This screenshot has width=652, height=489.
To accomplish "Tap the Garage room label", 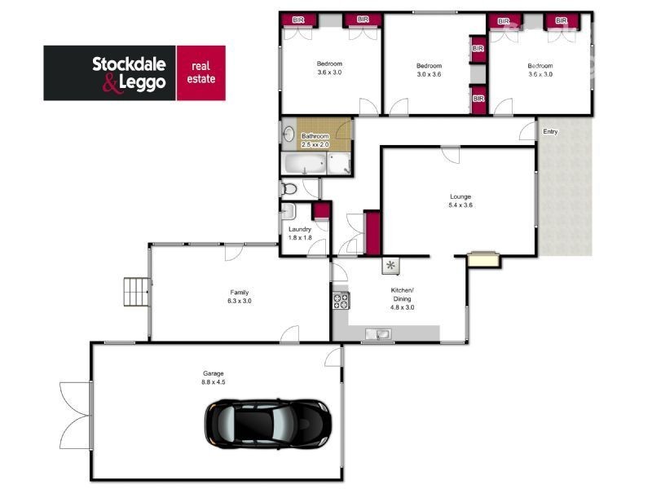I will pyautogui.click(x=213, y=373).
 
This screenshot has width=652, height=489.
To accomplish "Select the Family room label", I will pyautogui.click(x=239, y=292).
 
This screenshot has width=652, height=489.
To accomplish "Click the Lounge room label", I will pyautogui.click(x=460, y=196).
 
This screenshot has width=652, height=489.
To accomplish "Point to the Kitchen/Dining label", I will pyautogui.click(x=403, y=295).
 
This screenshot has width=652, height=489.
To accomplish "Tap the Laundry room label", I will pyautogui.click(x=300, y=229).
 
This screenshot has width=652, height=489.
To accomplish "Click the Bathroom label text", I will pyautogui.click(x=315, y=136).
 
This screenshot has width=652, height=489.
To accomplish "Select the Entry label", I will pyautogui.click(x=551, y=131).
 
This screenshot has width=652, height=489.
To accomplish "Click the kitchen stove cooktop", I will pyautogui.click(x=340, y=301).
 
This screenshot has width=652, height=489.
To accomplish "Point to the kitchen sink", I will pyautogui.click(x=379, y=333).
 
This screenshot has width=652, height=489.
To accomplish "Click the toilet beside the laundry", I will pyautogui.click(x=288, y=189).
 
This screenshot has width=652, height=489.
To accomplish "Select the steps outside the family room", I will pyautogui.click(x=134, y=292).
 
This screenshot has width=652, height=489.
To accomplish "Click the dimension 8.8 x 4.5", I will pyautogui.click(x=213, y=381).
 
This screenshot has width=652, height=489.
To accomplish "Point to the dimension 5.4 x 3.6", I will pyautogui.click(x=460, y=205).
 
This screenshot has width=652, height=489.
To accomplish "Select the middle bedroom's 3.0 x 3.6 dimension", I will pyautogui.click(x=429, y=74).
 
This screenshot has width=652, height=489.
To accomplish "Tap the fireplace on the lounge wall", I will pyautogui.click(x=483, y=260).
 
